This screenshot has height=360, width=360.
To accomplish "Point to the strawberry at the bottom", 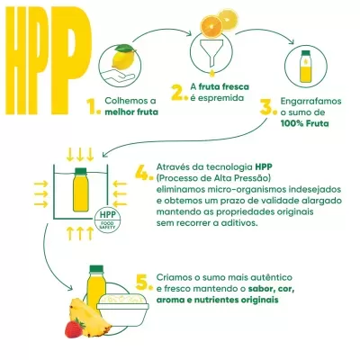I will point(75,327).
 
